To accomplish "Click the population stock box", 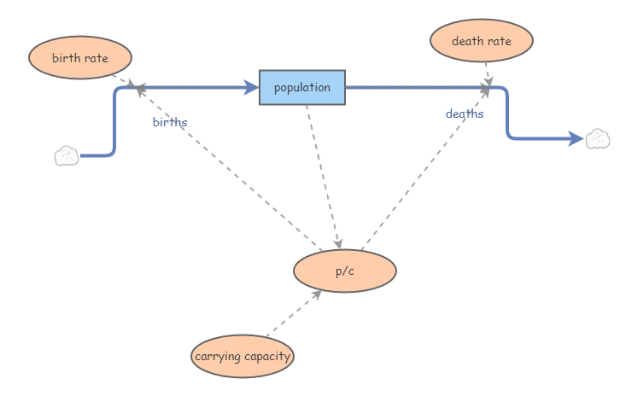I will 302,87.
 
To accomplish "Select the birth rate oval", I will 80,58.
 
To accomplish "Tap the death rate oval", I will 482,40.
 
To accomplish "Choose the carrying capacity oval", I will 243,356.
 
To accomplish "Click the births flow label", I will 170,122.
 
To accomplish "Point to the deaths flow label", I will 465,114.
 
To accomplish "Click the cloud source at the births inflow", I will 67,156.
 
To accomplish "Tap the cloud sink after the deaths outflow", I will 597,138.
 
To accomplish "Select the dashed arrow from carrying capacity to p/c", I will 292,314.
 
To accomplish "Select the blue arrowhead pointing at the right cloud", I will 577,138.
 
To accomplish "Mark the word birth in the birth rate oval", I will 66,58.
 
